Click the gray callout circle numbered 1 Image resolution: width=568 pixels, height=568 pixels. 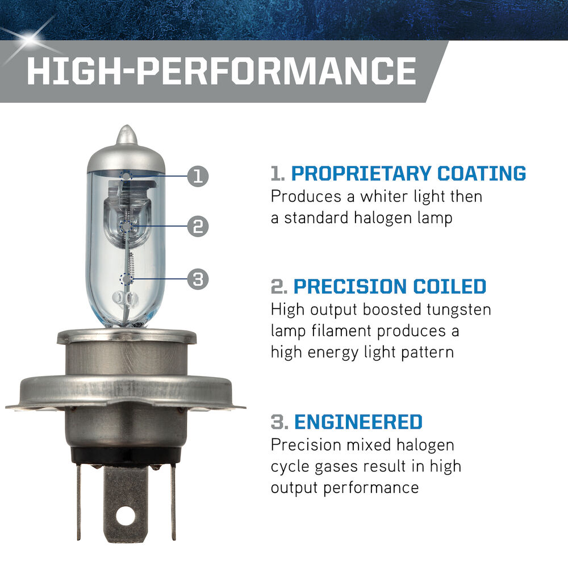pos(198,177)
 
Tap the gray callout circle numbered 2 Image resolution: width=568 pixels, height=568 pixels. pos(198,227)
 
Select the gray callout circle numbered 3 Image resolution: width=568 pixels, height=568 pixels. pos(198,279)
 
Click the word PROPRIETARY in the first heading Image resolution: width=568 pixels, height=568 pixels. pos(361,173)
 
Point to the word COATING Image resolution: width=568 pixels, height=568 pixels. pos(482,173)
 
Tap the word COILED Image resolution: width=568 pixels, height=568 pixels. pos(449,286)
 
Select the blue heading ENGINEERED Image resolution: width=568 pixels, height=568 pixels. pos(358,421)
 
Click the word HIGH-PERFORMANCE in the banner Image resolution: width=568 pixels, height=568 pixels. pos(222,71)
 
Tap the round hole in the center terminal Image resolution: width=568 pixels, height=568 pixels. pos(126,516)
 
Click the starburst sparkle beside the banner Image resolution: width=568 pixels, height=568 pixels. pos(29,38)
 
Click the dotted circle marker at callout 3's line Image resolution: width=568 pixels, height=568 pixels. pos(126,279)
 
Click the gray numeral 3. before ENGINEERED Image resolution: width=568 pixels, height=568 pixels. pos(279,422)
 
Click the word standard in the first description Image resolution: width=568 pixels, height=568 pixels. pos(316,218)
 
